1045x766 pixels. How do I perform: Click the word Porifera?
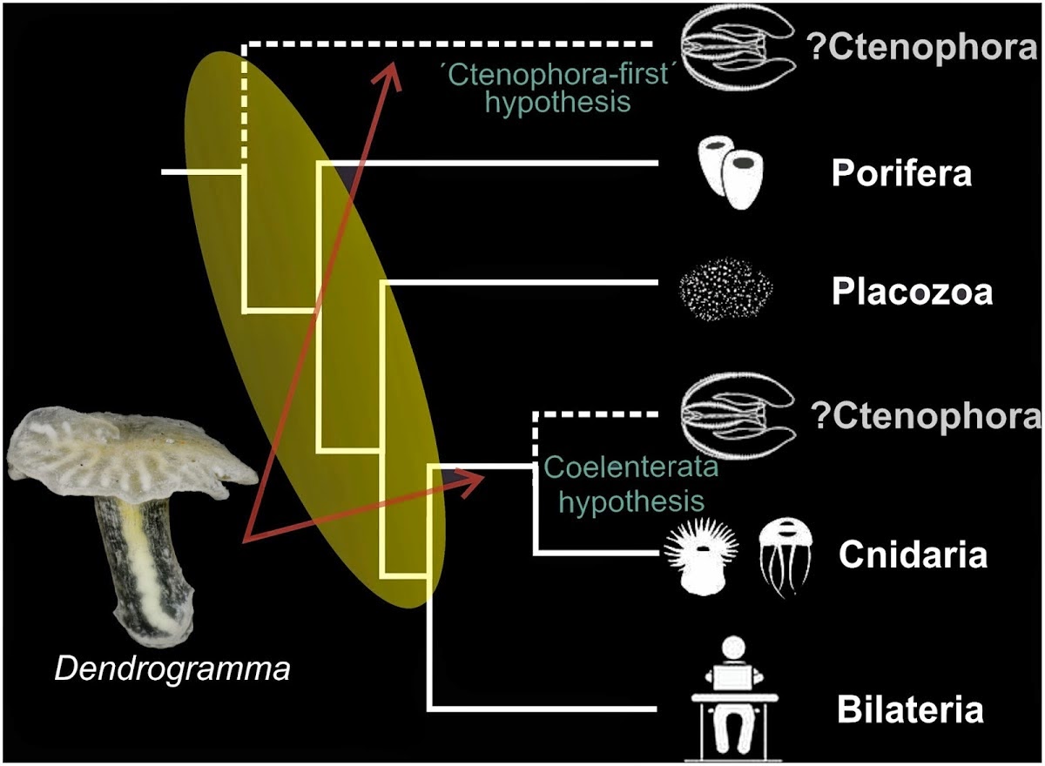901,174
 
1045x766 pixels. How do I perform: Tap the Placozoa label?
912,292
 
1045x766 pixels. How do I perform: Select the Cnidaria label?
913,554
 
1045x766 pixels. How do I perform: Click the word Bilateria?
910,709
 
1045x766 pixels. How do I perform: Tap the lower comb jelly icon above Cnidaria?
738,413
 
